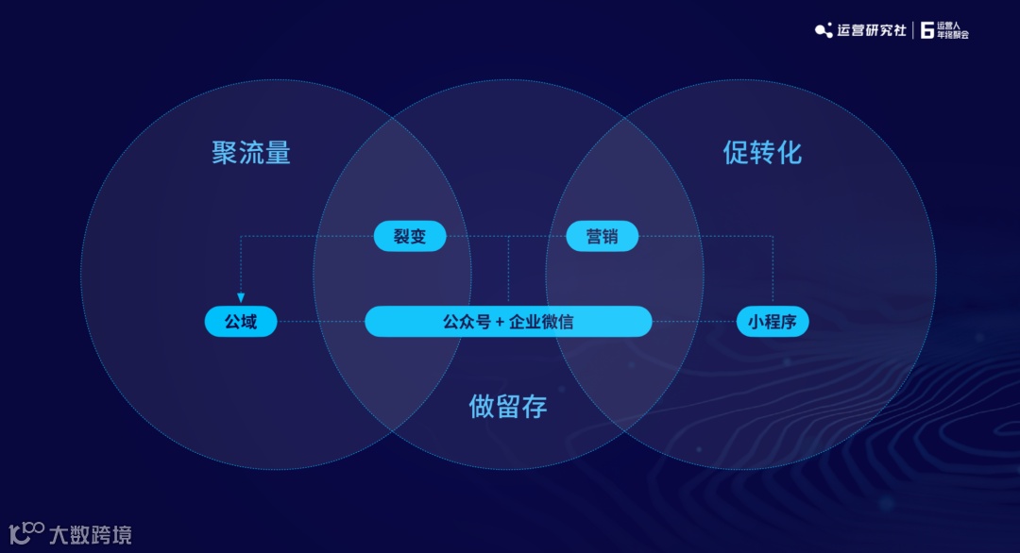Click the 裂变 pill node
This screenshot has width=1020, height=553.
click(x=409, y=236)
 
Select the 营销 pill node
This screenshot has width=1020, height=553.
click(x=602, y=236)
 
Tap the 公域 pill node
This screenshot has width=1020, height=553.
click(x=241, y=322)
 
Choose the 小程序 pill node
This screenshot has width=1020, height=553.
click(x=773, y=322)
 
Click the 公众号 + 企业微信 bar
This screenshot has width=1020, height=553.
click(x=508, y=322)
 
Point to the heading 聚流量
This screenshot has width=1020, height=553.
click(x=250, y=153)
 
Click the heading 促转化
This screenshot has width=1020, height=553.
click(x=762, y=153)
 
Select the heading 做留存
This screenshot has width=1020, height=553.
click(x=508, y=406)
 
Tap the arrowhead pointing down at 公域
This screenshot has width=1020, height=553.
click(x=241, y=297)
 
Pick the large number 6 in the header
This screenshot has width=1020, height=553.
click(x=926, y=30)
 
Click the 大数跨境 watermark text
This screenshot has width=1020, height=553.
click(x=91, y=534)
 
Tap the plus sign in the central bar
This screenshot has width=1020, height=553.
click(x=500, y=322)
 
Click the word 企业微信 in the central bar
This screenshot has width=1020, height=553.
click(x=541, y=322)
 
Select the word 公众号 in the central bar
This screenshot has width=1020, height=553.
click(x=467, y=322)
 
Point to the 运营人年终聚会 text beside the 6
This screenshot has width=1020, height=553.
click(x=952, y=30)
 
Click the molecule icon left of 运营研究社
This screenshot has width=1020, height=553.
click(x=824, y=30)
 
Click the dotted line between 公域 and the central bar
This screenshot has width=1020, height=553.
click(x=321, y=322)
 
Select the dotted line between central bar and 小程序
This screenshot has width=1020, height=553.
click(x=694, y=322)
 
